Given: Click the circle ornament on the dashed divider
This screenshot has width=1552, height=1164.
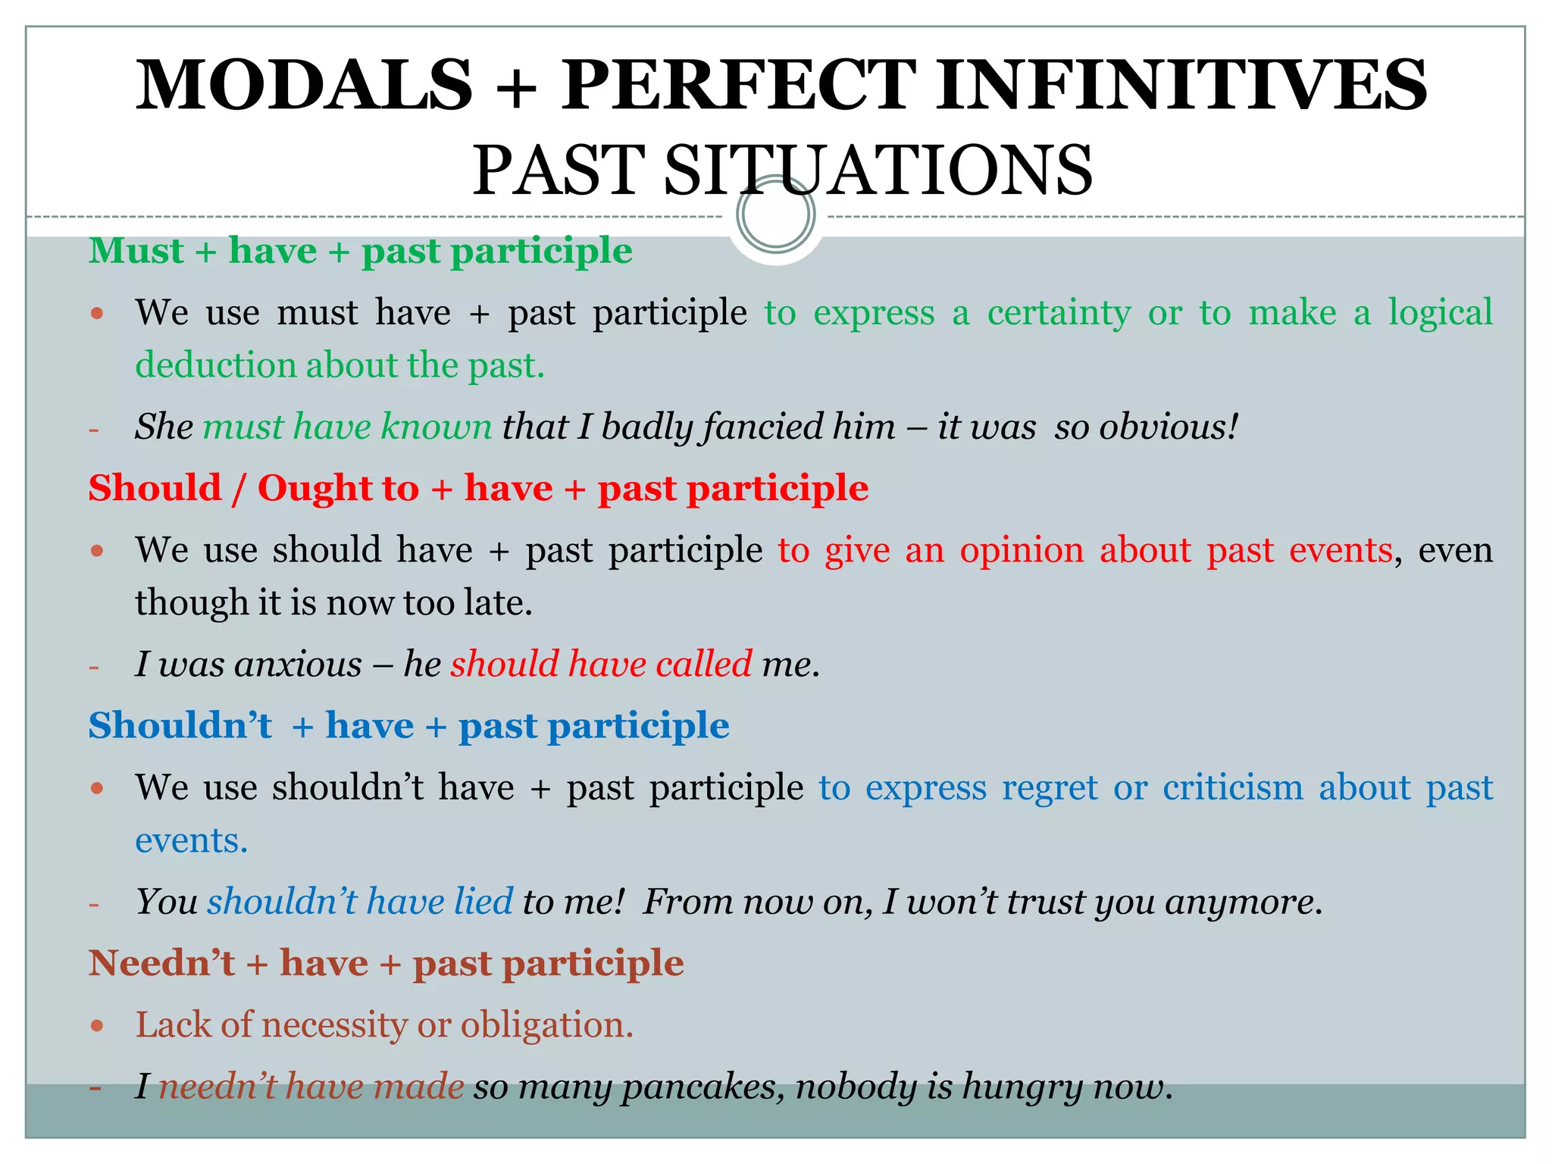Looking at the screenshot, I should point(775,215).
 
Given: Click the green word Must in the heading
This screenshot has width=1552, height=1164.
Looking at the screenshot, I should point(136,251).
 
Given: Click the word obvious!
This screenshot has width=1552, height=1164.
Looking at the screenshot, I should point(1169,426).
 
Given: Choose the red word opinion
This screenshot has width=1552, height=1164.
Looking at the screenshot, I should point(1022,549).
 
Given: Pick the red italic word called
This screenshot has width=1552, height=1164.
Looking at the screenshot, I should point(704,664).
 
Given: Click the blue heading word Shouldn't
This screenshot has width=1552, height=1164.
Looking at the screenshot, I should point(180,725).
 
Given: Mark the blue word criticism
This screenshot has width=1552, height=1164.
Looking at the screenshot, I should point(1233,787).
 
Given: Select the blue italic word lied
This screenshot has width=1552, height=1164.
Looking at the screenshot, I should point(483,902).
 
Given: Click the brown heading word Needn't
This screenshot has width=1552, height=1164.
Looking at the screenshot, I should point(162,963).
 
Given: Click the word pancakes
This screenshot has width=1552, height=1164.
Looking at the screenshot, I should point(702,1087).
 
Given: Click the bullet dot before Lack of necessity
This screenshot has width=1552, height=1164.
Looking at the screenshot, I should point(96,1026).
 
